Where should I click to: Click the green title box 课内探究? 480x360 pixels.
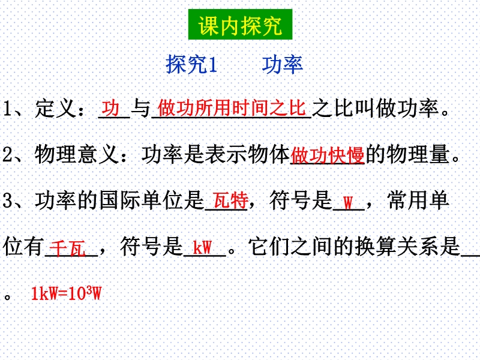point(241,25)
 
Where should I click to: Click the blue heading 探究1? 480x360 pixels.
point(191,64)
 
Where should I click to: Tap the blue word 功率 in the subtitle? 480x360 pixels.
point(282,64)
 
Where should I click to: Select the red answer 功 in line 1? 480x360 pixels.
point(110,108)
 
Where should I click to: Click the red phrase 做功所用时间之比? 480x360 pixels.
point(232,108)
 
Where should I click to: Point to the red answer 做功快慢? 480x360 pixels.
point(327,155)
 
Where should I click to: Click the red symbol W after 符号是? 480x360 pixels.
point(348,202)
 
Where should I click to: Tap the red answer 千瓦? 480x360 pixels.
point(67,248)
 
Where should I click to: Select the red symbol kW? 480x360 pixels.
point(202,247)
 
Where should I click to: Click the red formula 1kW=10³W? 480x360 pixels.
point(66,293)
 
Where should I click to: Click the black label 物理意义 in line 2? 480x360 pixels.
point(76,154)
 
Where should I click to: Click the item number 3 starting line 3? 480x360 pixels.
point(7,201)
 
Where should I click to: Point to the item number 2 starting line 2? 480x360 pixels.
point(7,155)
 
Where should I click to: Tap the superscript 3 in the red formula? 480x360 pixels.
point(89,290)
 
